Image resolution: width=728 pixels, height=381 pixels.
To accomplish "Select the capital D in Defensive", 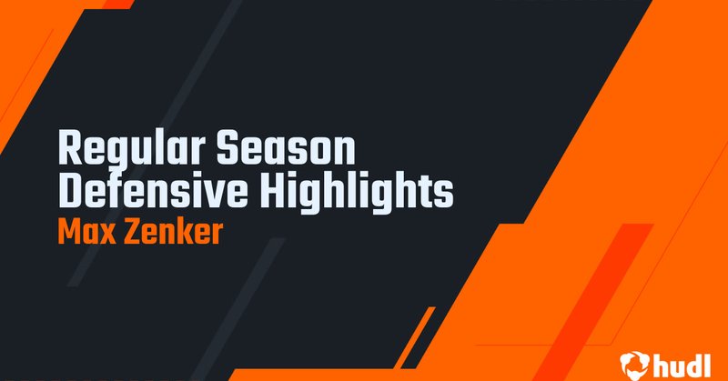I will tap(68, 192).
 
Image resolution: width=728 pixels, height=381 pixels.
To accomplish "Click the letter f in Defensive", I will tap(114, 192).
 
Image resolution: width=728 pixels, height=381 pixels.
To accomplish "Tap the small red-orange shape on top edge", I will tap(116, 4).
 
